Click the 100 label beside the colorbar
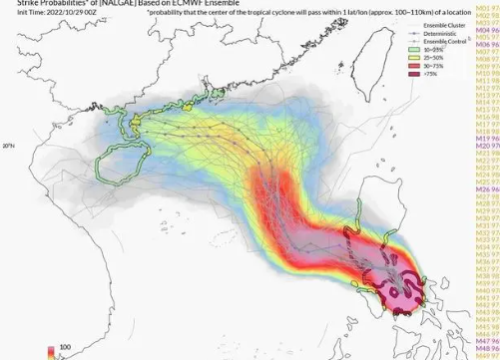tap(65, 348)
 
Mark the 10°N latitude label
tap(8, 146)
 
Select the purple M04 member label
tap(488, 27)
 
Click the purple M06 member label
tap(488, 45)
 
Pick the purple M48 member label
tap(488, 349)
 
